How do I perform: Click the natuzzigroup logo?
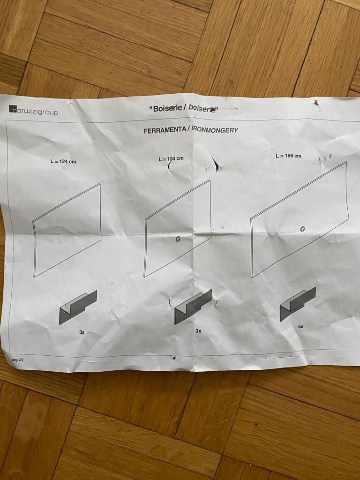pyautogui.click(x=33, y=111)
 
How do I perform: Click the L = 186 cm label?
pyautogui.click(x=288, y=156)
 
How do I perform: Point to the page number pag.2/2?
pyautogui.click(x=17, y=360)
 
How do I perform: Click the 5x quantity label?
pyautogui.click(x=301, y=327)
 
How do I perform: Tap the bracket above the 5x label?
pyautogui.click(x=298, y=304)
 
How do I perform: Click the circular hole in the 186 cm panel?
pyautogui.click(x=302, y=229)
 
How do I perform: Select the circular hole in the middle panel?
pyautogui.click(x=178, y=239)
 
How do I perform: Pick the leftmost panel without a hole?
pyautogui.click(x=67, y=230)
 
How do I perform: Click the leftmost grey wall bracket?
pyautogui.click(x=78, y=307)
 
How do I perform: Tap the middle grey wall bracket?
pyautogui.click(x=193, y=307)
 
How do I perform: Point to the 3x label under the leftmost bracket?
pyautogui.click(x=82, y=332)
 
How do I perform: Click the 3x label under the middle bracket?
pyautogui.click(x=198, y=331)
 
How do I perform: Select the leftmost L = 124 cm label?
pyautogui.click(x=63, y=161)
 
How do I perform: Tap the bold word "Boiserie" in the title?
pyautogui.click(x=165, y=109)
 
